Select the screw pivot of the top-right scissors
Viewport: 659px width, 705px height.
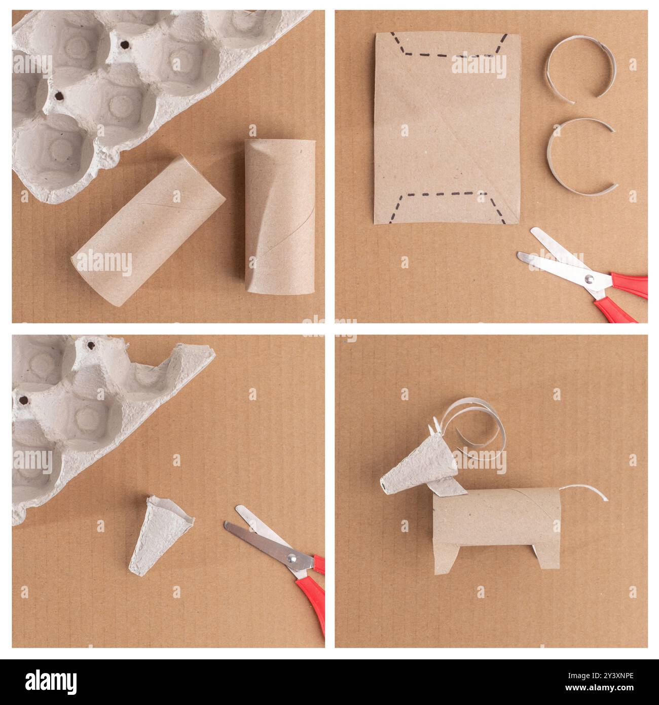point(589,278)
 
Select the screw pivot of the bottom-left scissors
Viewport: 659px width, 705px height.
point(292,558)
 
